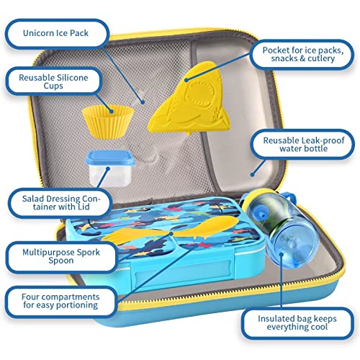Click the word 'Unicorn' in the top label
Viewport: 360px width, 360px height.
(48, 33)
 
